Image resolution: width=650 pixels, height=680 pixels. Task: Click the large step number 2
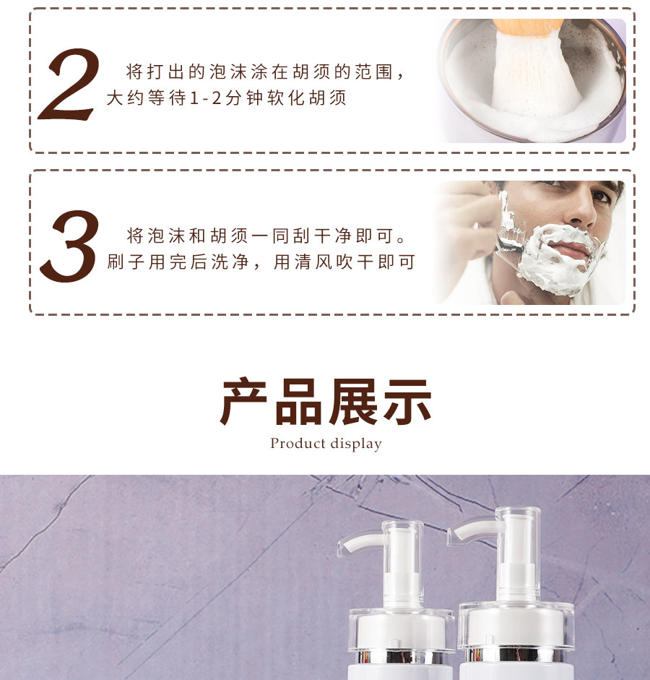click(x=69, y=85)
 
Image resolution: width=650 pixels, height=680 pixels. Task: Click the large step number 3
click(x=69, y=246)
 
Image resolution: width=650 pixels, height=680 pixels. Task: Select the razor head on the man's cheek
click(x=511, y=236)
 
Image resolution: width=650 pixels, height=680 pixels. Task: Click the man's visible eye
click(x=602, y=196)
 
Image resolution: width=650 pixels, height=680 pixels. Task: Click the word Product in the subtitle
click(x=298, y=443)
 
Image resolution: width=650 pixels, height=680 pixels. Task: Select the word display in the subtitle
click(x=356, y=444)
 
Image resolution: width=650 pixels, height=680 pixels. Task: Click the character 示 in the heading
click(x=407, y=401)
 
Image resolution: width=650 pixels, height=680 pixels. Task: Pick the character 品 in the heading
click(x=298, y=401)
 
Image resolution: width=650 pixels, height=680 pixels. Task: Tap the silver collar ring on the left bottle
click(x=401, y=656)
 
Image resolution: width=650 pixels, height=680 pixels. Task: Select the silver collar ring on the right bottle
click(x=516, y=653)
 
